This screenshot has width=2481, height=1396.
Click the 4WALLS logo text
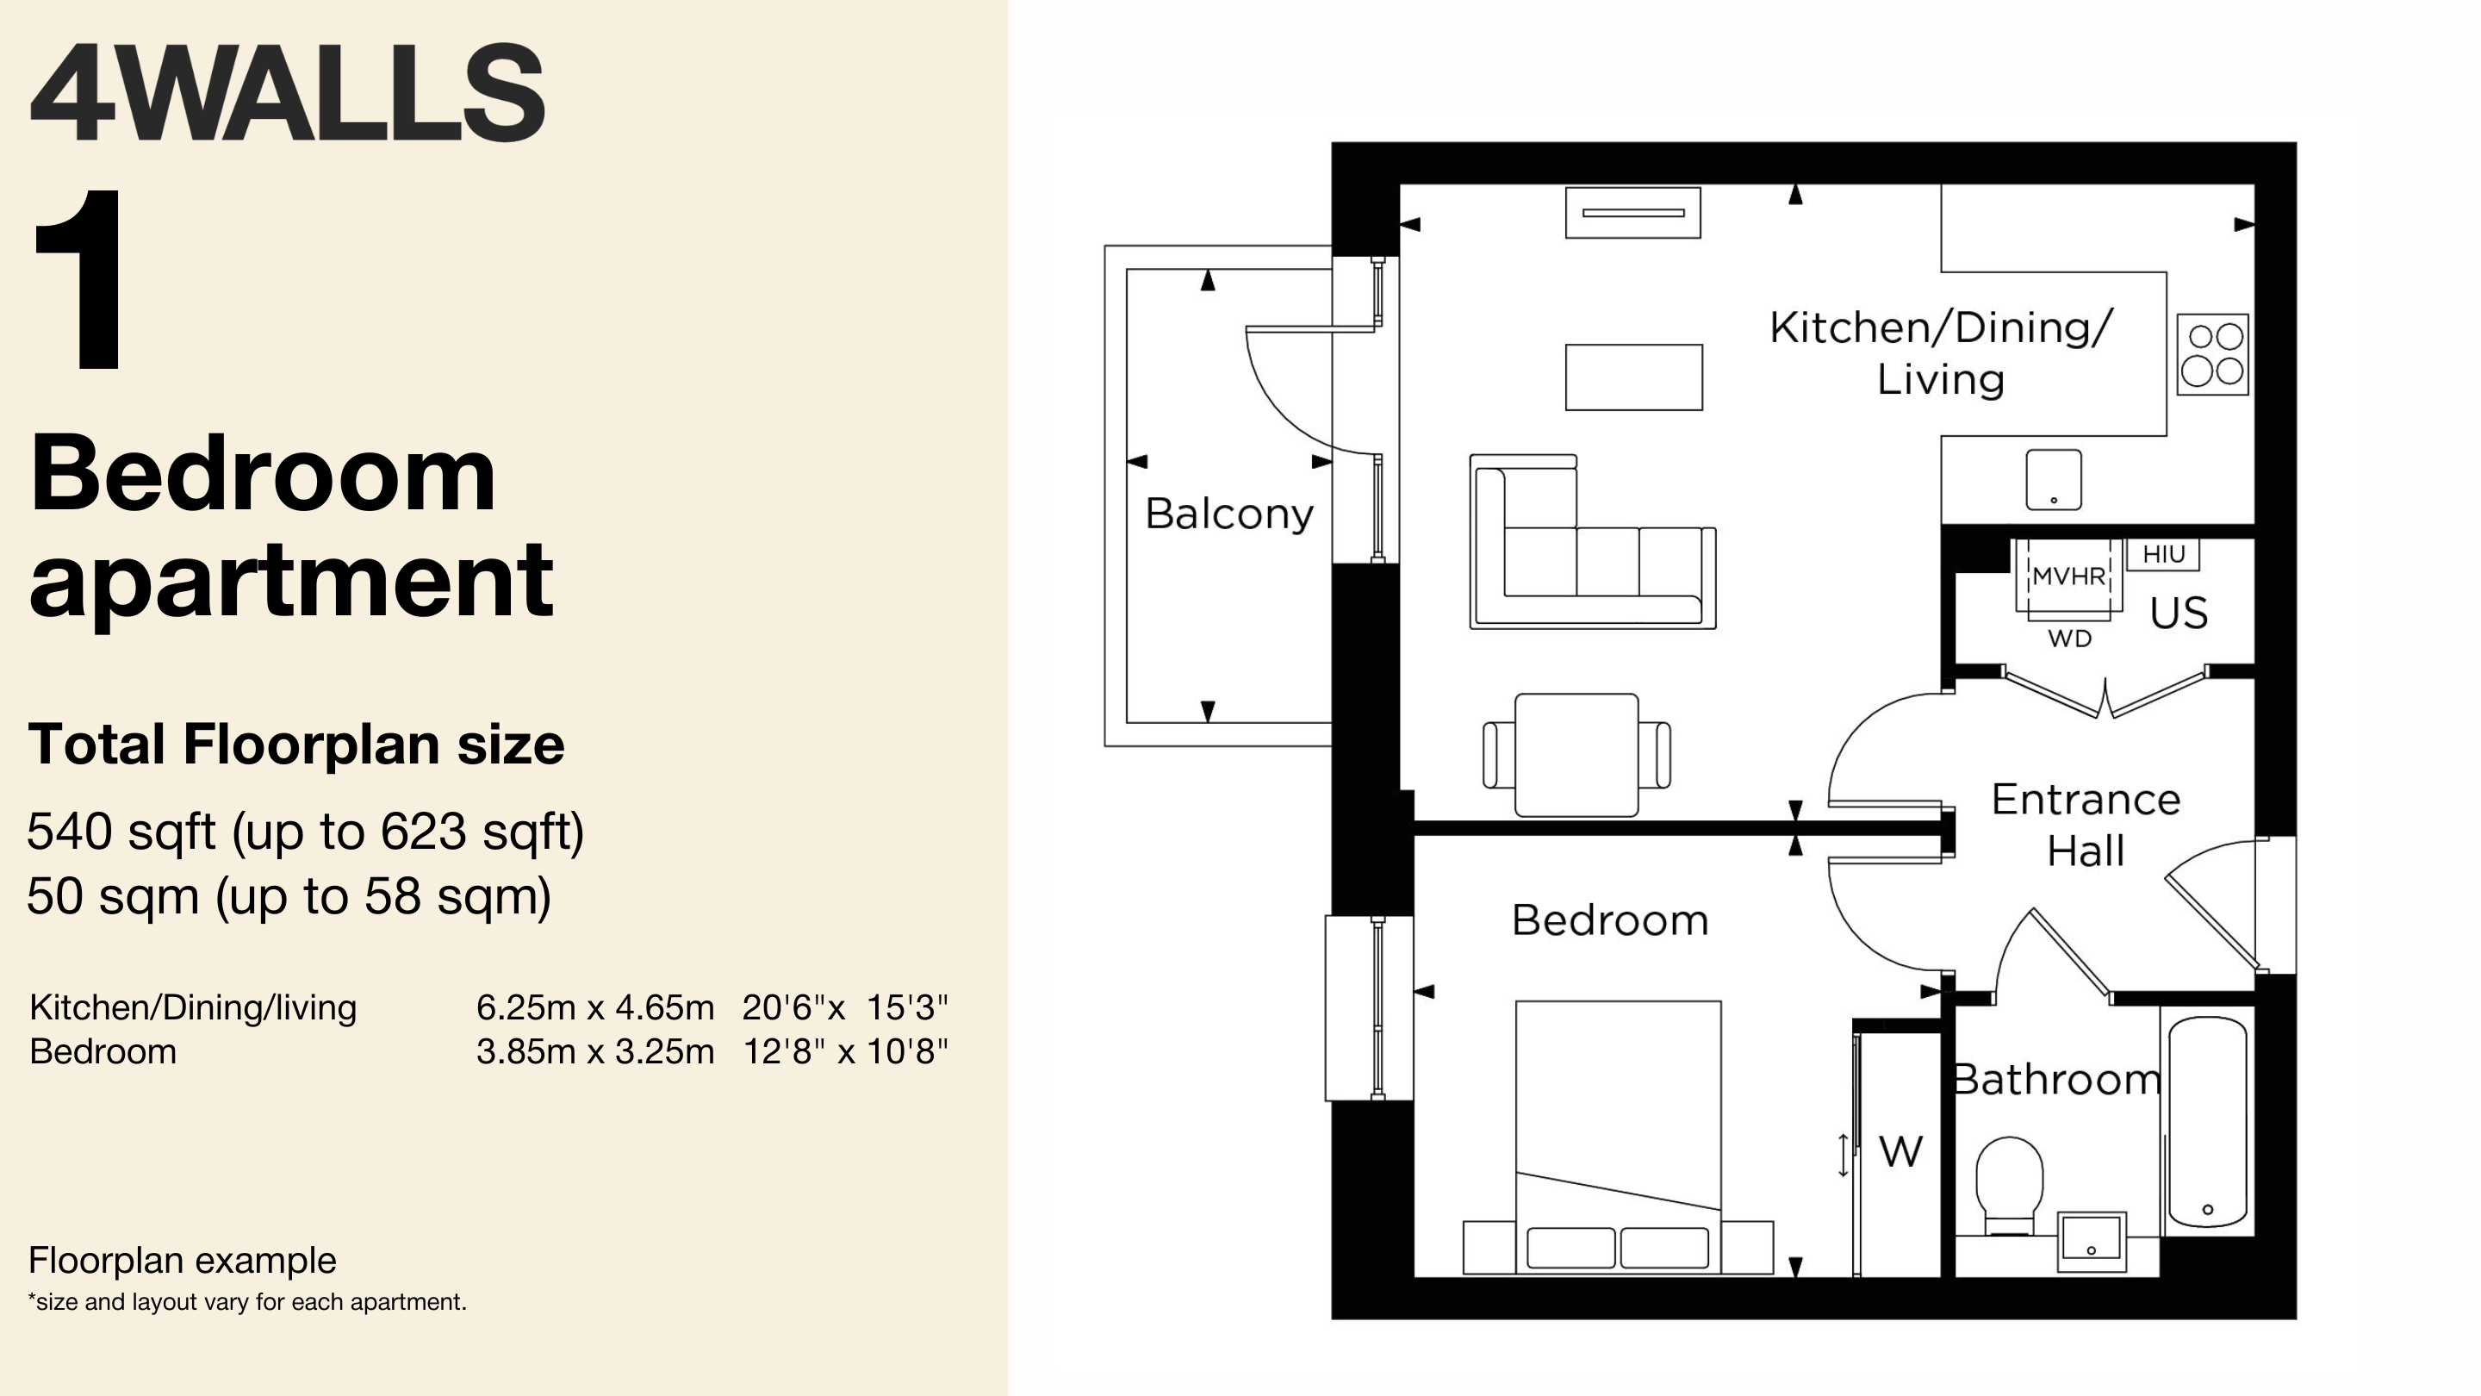(287, 92)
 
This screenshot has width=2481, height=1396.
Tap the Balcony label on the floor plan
(1229, 514)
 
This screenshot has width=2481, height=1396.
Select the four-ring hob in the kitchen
(2212, 354)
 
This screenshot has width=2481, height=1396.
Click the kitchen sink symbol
(2054, 480)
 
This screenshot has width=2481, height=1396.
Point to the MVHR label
(2068, 576)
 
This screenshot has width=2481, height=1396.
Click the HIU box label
(2163, 554)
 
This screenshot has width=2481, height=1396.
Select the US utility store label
(2179, 613)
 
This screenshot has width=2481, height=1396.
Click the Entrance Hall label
(2085, 826)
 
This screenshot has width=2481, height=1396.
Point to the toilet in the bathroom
(2009, 1186)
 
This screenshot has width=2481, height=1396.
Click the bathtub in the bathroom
(2207, 1121)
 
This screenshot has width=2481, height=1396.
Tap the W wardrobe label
(1900, 1151)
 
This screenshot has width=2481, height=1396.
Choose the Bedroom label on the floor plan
(1609, 920)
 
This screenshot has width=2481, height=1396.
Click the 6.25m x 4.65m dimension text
(595, 1006)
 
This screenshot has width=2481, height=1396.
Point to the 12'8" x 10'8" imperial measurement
(844, 1051)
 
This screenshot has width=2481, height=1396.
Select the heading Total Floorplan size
(296, 745)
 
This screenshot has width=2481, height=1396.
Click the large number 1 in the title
(79, 278)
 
